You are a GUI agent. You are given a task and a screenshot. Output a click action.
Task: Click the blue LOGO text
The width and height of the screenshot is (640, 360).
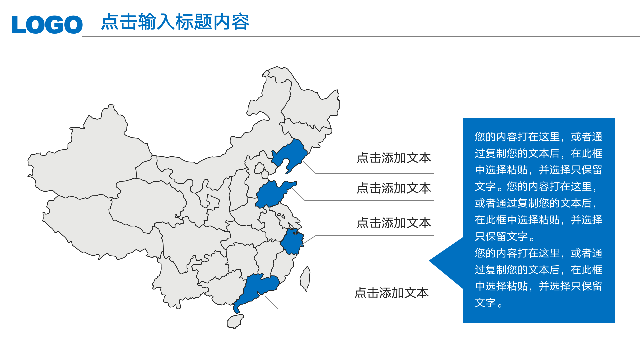[47, 24]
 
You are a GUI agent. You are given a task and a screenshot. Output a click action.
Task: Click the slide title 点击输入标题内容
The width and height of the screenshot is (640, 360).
[175, 22]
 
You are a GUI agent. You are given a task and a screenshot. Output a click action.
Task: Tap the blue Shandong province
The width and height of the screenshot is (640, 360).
[270, 195]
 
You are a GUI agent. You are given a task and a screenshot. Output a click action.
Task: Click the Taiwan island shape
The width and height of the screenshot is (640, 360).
[305, 279]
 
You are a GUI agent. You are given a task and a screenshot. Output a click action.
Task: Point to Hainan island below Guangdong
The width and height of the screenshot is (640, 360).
[235, 322]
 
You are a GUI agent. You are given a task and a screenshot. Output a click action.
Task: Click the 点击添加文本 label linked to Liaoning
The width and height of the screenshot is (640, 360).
[394, 158]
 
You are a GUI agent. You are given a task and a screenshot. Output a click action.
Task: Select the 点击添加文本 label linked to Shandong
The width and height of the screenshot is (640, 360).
[394, 188]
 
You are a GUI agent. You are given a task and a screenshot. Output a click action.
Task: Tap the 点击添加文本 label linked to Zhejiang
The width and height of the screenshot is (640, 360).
[394, 223]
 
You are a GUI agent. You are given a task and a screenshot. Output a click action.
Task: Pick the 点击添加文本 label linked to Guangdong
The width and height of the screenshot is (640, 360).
[391, 293]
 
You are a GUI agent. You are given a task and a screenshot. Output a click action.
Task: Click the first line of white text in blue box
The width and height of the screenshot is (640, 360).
[538, 137]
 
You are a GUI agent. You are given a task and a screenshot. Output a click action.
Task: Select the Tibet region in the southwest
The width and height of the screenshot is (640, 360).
[100, 227]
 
